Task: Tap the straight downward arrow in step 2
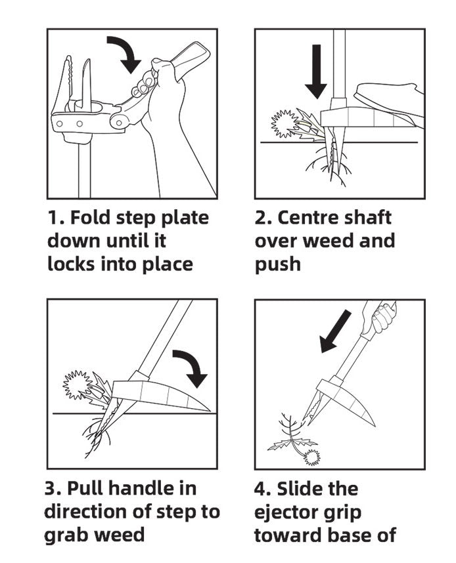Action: tap(316, 71)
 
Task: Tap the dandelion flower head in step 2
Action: tap(285, 124)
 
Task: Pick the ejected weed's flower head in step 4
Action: tap(311, 457)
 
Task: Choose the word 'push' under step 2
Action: tap(278, 265)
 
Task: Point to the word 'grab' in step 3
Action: tap(64, 535)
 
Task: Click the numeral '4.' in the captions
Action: tap(263, 490)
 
